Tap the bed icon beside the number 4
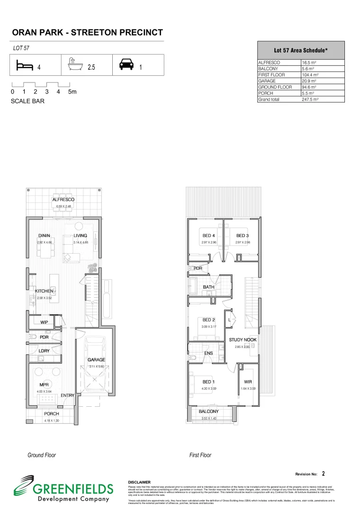[23, 65]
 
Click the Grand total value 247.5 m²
[310, 100]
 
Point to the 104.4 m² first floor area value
[311, 75]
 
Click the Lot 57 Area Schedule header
[301, 50]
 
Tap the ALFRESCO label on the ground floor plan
[63, 200]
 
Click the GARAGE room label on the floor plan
[96, 360]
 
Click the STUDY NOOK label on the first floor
[243, 340]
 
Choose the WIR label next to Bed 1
[248, 382]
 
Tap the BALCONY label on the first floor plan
[208, 411]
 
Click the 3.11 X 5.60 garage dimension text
[96, 366]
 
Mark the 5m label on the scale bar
[72, 91]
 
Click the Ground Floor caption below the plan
[42, 455]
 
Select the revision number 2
[323, 473]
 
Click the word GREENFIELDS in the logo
[72, 489]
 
